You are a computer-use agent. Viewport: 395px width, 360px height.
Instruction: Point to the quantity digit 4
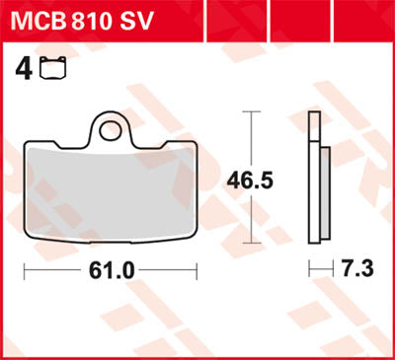click(x=21, y=68)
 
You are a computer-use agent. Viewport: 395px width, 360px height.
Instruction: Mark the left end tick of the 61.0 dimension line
click(x=25, y=269)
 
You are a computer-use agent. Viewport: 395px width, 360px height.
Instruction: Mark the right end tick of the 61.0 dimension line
click(x=197, y=269)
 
